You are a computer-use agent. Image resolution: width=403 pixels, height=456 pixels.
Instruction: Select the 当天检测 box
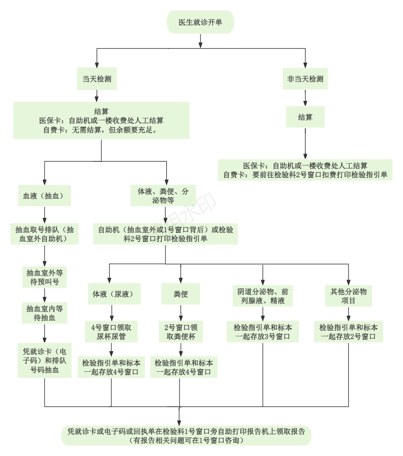point(97,79)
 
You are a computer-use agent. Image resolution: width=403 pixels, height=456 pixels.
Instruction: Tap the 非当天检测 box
point(305,79)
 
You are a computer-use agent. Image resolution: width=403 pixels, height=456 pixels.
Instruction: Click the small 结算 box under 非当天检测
point(305,117)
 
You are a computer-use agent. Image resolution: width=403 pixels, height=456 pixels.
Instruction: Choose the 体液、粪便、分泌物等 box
point(163,196)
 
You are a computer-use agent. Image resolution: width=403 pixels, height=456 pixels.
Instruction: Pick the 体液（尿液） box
point(111,294)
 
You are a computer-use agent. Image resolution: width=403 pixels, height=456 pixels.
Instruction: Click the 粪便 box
point(181,294)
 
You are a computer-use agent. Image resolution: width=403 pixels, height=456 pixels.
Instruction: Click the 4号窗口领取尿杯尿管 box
point(111,331)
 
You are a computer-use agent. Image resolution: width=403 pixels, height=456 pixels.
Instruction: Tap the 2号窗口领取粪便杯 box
point(181,331)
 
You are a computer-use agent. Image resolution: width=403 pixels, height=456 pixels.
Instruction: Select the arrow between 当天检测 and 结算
point(97,96)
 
